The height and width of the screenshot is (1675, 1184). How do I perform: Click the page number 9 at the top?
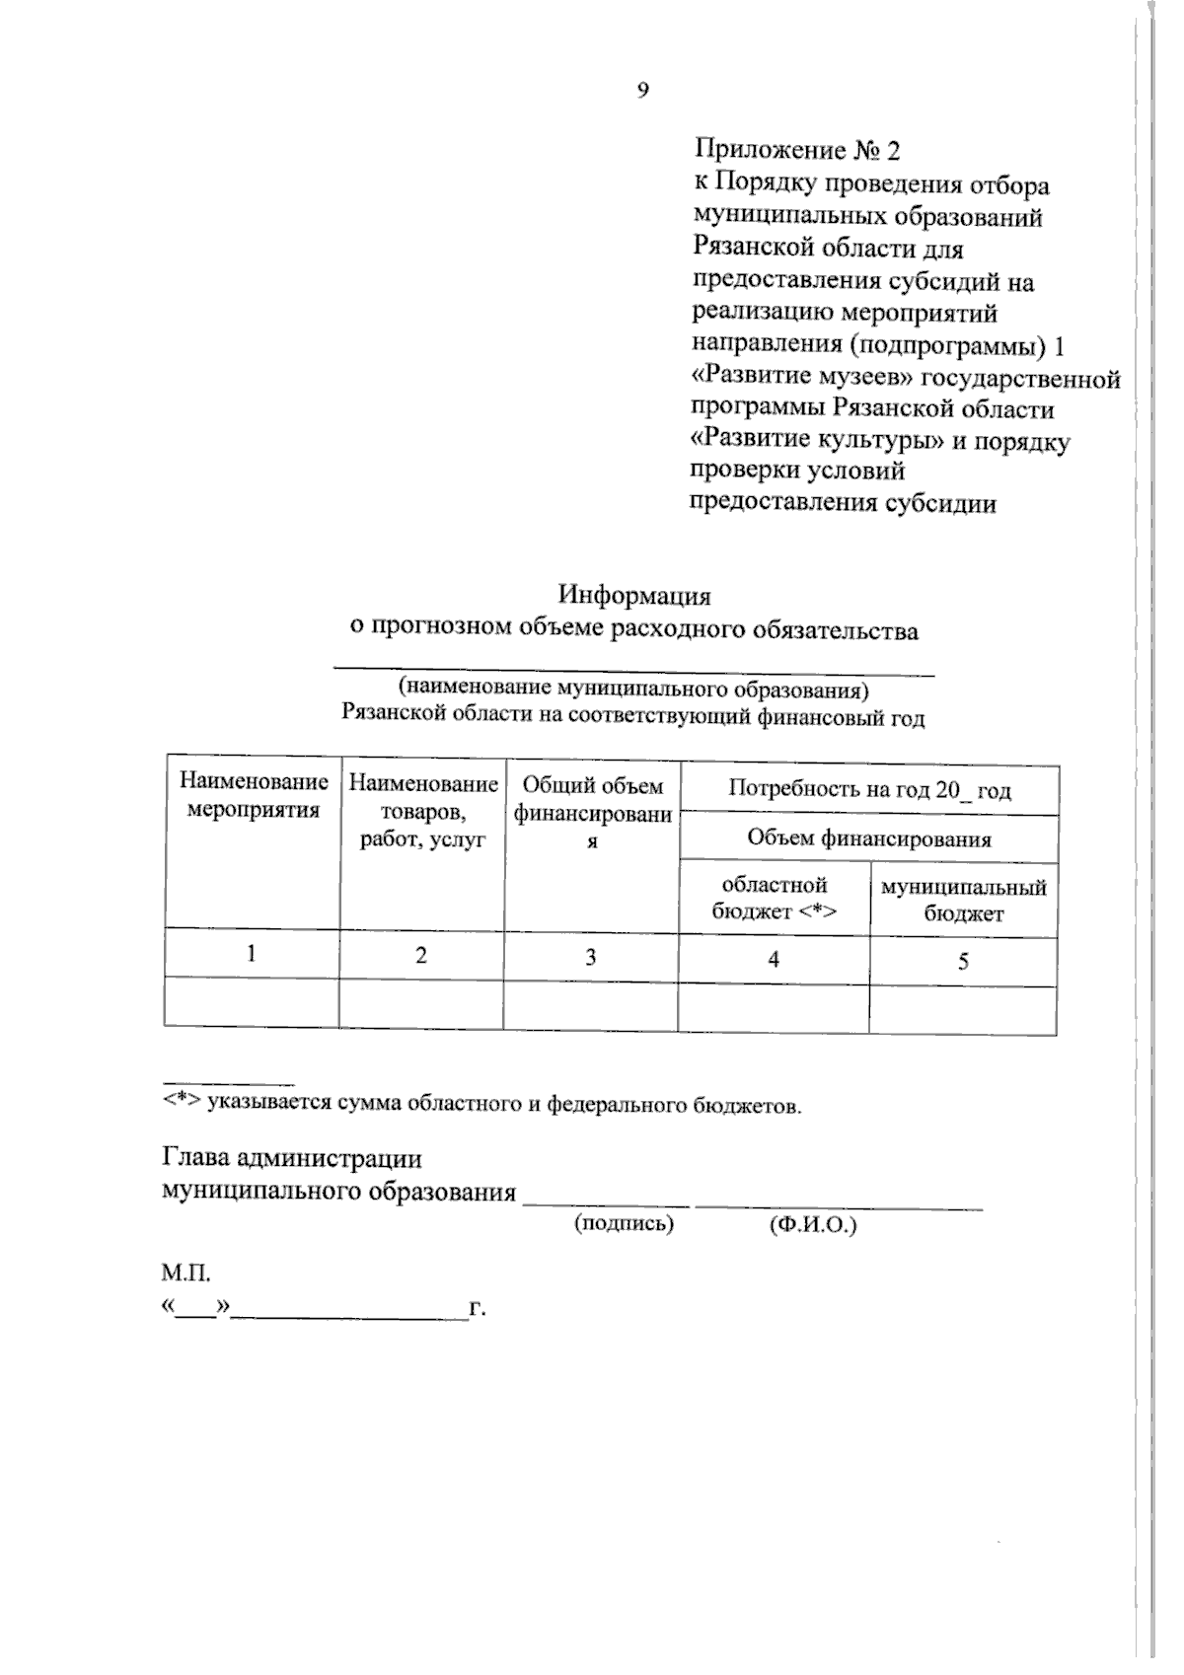click(643, 91)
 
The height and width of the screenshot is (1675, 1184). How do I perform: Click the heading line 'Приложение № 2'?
click(797, 151)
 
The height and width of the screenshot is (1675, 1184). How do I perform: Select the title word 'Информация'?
click(634, 596)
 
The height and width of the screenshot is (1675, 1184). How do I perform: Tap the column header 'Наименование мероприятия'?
click(254, 797)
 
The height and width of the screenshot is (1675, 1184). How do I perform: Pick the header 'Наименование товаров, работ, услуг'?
click(423, 812)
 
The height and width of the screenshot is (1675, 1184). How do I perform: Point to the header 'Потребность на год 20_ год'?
click(869, 790)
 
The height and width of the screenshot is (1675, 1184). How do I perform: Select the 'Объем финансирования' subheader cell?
click(869, 839)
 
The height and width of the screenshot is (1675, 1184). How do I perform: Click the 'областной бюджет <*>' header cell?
click(775, 899)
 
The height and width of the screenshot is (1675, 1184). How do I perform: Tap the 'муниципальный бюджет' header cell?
click(963, 901)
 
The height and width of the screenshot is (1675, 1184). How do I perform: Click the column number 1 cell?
click(253, 954)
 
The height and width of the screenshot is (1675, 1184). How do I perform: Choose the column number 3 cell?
click(591, 957)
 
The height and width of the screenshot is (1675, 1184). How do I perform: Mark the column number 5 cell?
click(963, 961)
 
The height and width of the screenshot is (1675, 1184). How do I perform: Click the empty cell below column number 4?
click(775, 1008)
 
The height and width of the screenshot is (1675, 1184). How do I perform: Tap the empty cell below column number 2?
click(422, 1005)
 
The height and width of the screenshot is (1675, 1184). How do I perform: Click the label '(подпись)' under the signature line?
click(624, 1224)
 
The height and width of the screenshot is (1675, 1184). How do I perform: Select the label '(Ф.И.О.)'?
click(812, 1225)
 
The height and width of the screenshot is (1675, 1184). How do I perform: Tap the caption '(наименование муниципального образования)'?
click(633, 688)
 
